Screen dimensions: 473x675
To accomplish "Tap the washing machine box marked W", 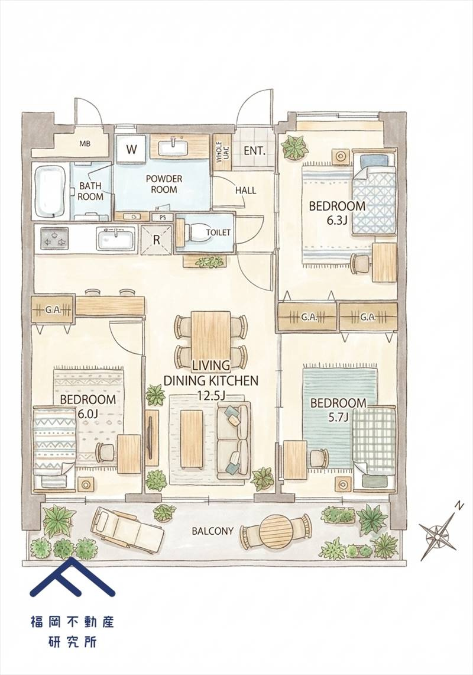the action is point(132,150).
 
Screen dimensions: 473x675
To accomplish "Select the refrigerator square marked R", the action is point(156,240).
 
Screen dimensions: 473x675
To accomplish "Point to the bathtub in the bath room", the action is point(50,192).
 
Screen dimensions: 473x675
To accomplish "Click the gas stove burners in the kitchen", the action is point(54,238).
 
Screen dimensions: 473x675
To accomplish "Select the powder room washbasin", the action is point(176,147).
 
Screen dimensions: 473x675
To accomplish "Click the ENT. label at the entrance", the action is point(255,151).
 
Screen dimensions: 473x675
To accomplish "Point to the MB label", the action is point(85,144).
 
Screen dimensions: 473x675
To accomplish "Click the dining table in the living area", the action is point(211,335).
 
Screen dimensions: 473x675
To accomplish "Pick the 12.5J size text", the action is point(211,395).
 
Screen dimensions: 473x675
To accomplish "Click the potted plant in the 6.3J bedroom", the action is point(295,147).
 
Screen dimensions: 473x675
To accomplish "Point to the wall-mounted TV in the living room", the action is point(150,438).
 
